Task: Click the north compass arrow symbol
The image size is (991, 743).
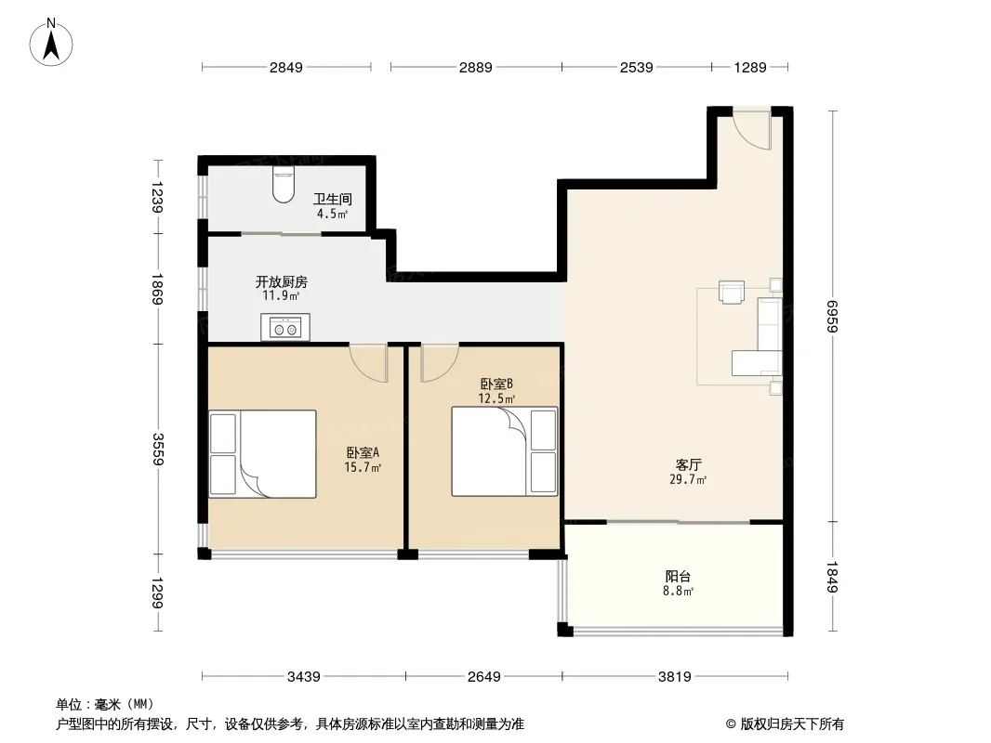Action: pyautogui.click(x=51, y=42)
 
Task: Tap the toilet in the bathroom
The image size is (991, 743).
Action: pyautogui.click(x=284, y=185)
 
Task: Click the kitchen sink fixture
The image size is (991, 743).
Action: pyautogui.click(x=285, y=327)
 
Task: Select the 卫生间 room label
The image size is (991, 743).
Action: pyautogui.click(x=333, y=200)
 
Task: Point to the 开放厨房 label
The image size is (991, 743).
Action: pyautogui.click(x=282, y=281)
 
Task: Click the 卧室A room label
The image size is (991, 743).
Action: pyautogui.click(x=363, y=452)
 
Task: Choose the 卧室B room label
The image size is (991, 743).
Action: pyautogui.click(x=496, y=384)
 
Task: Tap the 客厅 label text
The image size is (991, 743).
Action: pyautogui.click(x=688, y=464)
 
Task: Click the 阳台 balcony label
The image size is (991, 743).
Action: pyautogui.click(x=678, y=576)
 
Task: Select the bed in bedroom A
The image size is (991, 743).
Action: pyautogui.click(x=262, y=454)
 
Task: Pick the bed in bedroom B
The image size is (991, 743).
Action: pyautogui.click(x=505, y=450)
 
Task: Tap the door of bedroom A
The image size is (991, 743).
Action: pyautogui.click(x=368, y=362)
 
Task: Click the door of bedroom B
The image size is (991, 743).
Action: pyautogui.click(x=439, y=362)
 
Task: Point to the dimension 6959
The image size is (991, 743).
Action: pyautogui.click(x=832, y=317)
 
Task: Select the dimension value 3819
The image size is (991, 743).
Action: pyautogui.click(x=674, y=677)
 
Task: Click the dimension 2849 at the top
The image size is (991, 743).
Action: pyautogui.click(x=286, y=67)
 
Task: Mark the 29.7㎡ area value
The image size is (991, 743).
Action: pyautogui.click(x=688, y=480)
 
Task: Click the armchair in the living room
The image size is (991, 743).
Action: pyautogui.click(x=732, y=293)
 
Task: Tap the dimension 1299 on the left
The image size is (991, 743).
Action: pyautogui.click(x=157, y=593)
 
